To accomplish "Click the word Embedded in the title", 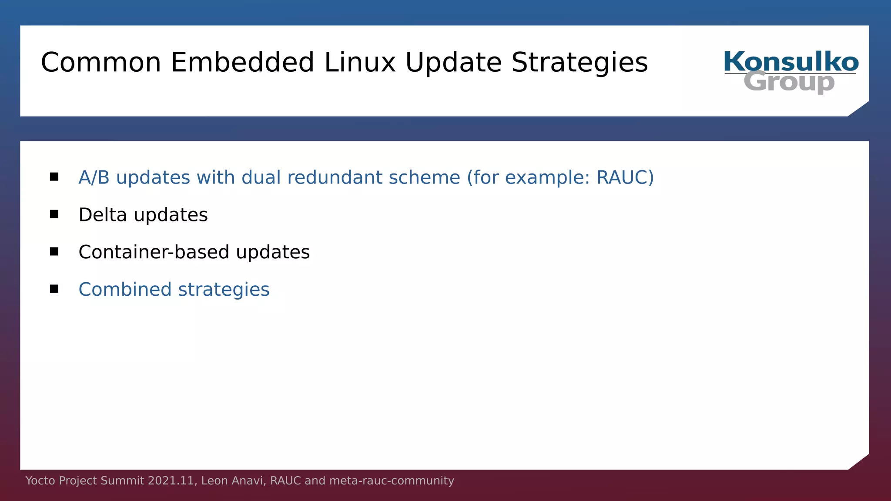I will (x=242, y=62).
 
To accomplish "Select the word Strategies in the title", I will (x=579, y=62).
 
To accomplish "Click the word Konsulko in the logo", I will (x=791, y=62).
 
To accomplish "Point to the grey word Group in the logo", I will (x=789, y=82).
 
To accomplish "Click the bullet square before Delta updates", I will (x=54, y=214).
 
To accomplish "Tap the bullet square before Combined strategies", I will (x=54, y=289).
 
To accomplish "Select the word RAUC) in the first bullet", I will (x=625, y=177).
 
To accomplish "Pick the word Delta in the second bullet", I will (x=103, y=215).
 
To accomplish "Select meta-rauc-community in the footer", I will (x=392, y=481).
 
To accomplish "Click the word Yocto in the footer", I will (x=40, y=481).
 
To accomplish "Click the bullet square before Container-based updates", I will (x=54, y=252).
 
